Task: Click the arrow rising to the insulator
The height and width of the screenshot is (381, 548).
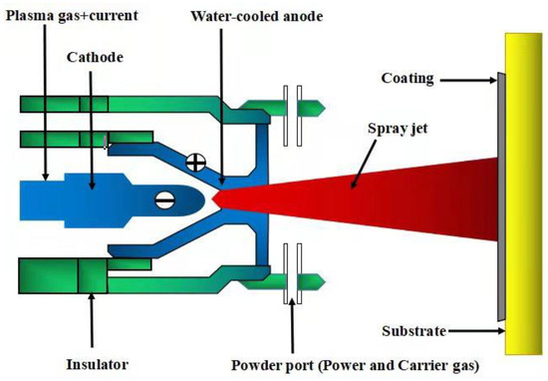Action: (91, 309)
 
